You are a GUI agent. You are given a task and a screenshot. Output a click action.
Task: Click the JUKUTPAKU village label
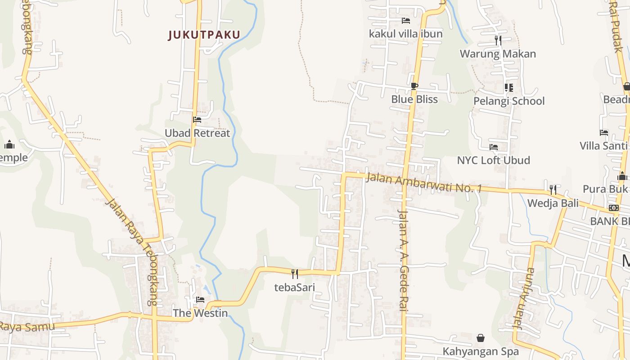(204, 35)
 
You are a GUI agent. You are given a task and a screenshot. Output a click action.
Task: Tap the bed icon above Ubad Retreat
(197, 120)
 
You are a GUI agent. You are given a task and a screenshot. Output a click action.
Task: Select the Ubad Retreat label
(197, 133)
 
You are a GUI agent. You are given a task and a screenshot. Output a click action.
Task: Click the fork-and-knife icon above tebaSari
(295, 274)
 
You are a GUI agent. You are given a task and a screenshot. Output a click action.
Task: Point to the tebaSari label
(295, 288)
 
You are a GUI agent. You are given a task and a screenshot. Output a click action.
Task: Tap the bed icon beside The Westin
(200, 300)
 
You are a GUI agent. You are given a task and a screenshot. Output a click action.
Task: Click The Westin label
(200, 313)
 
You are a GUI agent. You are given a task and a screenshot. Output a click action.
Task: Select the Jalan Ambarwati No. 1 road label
(423, 182)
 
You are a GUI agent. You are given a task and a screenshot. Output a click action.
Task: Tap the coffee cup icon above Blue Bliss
(414, 86)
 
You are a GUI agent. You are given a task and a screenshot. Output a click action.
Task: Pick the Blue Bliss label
(414, 99)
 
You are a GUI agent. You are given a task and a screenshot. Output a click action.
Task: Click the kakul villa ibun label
(406, 34)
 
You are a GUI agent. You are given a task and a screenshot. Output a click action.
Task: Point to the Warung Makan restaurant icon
(498, 40)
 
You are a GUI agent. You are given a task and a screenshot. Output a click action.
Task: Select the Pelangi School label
(509, 101)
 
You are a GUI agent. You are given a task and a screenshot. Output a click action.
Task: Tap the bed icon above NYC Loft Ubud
(494, 147)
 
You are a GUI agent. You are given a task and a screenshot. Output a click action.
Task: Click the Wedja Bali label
(553, 203)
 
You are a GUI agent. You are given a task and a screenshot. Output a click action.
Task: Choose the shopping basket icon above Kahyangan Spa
(481, 338)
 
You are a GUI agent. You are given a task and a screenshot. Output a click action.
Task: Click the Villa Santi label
(603, 146)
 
